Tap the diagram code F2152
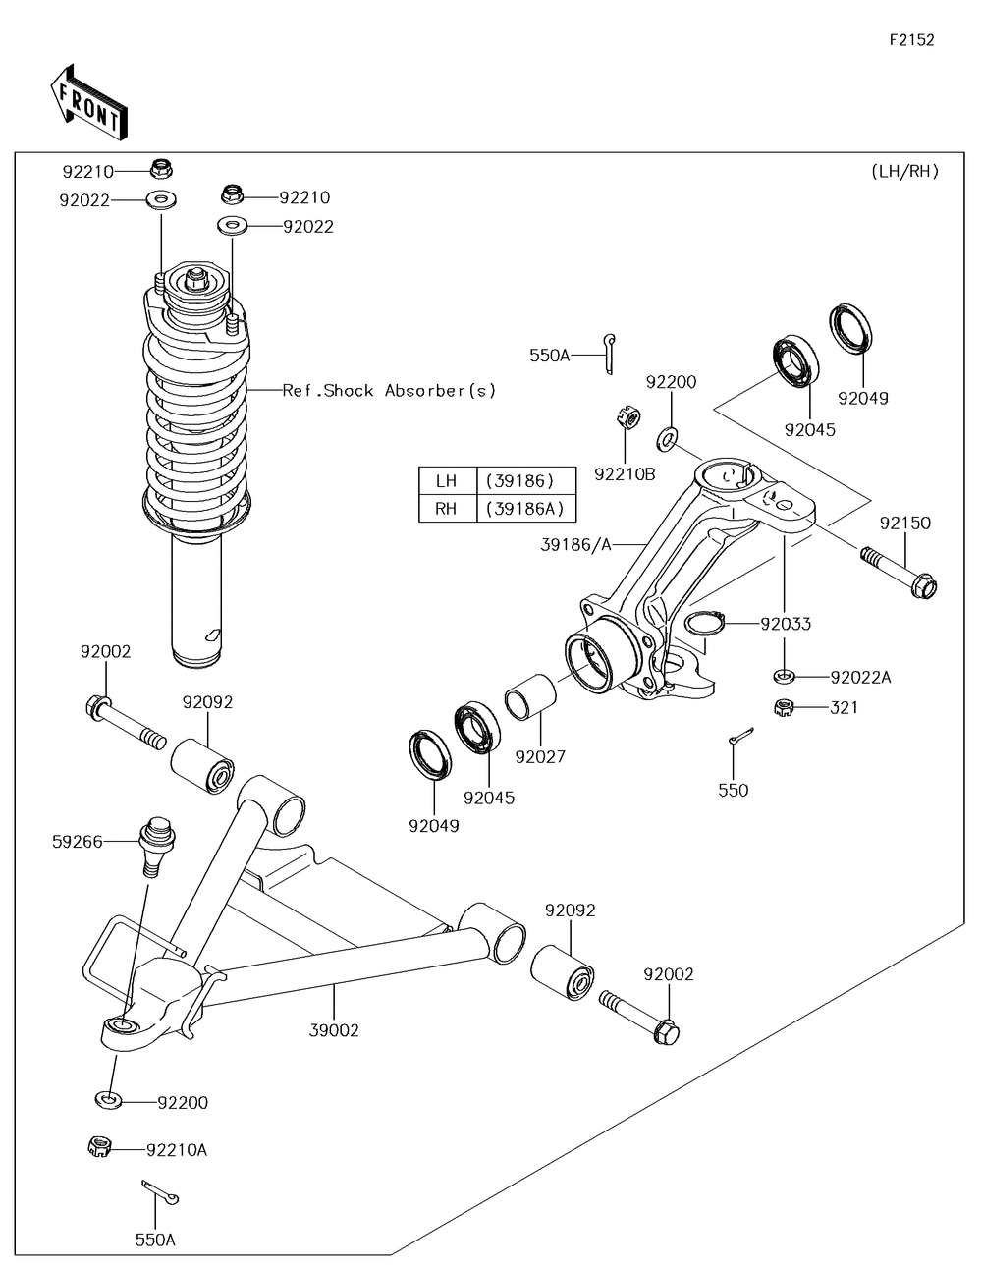coord(911,40)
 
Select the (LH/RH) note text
coord(904,171)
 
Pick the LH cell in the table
coord(447,481)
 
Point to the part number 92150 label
coord(904,524)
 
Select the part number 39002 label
coord(334,1030)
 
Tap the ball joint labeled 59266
coord(155,842)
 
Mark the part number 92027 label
coord(540,757)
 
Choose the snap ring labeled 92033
coord(704,624)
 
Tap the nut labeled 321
coord(784,706)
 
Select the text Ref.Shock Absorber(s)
coord(389,391)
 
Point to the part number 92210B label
coord(625,474)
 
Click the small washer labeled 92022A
coord(784,676)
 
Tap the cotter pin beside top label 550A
coord(613,352)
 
